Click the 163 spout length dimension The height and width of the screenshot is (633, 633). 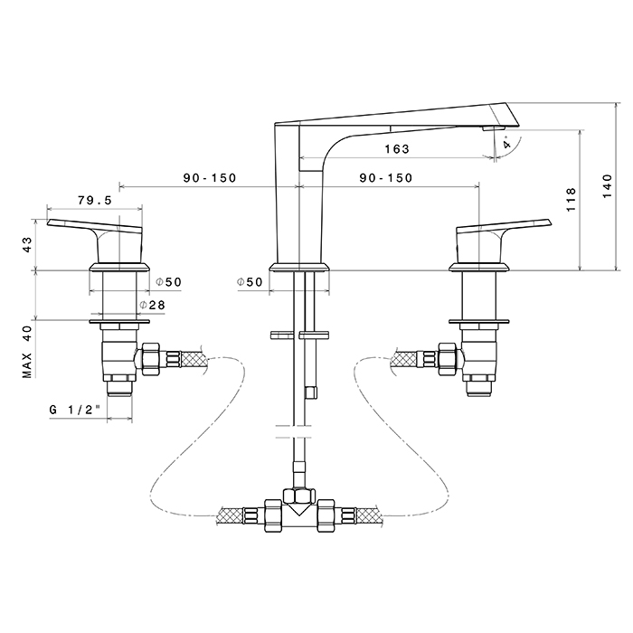click(x=395, y=148)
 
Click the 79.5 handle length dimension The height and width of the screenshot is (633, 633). click(x=94, y=200)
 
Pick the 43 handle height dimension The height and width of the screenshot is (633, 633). click(x=27, y=243)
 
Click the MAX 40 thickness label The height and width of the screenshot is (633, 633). click(x=27, y=351)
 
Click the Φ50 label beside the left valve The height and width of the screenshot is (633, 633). click(x=169, y=282)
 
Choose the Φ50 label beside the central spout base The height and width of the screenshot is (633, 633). click(x=250, y=282)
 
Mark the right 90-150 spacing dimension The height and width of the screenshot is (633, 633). click(x=385, y=178)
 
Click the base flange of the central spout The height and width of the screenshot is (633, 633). click(x=302, y=265)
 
